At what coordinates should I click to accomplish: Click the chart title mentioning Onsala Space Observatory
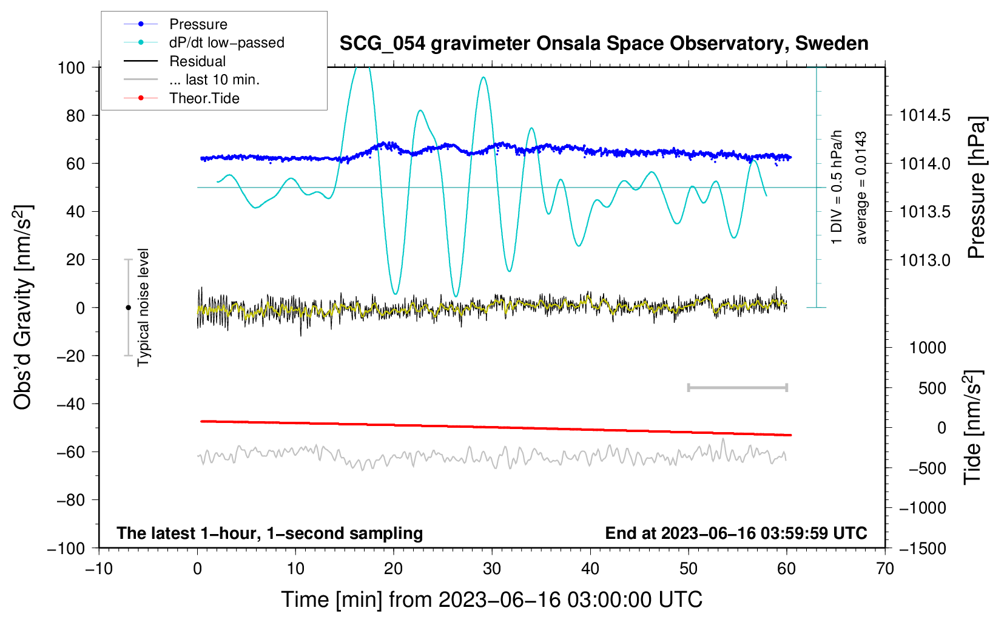(x=604, y=44)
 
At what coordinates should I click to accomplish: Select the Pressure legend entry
(x=198, y=24)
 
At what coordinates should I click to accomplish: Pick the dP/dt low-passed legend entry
(x=226, y=42)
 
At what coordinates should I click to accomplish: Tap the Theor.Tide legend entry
(x=204, y=98)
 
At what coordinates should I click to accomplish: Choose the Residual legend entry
(x=197, y=61)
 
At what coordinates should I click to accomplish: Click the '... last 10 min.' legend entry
(x=214, y=79)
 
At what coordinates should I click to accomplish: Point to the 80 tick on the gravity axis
(x=75, y=115)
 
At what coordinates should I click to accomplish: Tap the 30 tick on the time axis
(x=492, y=569)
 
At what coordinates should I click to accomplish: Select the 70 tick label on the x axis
(x=885, y=569)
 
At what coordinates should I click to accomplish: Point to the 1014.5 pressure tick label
(x=924, y=115)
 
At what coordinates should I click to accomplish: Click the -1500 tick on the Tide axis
(x=922, y=548)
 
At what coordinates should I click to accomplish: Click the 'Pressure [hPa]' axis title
(x=976, y=188)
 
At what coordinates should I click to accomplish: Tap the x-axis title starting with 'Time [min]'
(x=492, y=600)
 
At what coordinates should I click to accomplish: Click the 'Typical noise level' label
(x=143, y=307)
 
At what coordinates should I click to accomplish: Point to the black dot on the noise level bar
(x=128, y=308)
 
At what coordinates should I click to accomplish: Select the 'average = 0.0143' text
(x=861, y=188)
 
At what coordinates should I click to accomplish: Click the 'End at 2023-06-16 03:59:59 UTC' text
(x=736, y=533)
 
